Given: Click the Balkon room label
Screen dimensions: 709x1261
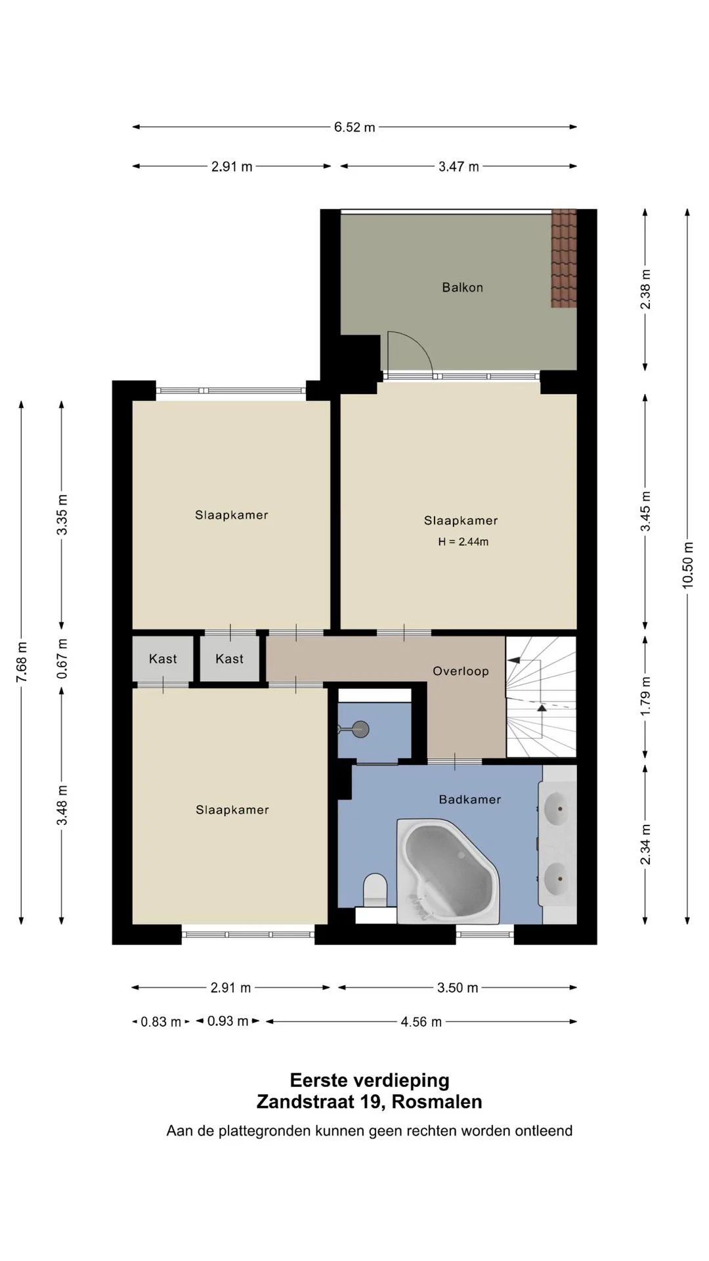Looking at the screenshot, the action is click(x=462, y=288).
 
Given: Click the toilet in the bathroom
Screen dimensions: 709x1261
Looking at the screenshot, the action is click(x=376, y=890).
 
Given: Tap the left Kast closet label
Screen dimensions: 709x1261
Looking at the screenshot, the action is click(x=163, y=659).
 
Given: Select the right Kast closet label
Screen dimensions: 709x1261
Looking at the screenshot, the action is click(x=229, y=659).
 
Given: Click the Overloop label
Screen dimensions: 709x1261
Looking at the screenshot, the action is click(x=461, y=671).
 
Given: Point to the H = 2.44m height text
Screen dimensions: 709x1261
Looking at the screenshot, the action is click(x=463, y=542).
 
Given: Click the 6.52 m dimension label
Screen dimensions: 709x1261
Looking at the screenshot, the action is click(x=354, y=127).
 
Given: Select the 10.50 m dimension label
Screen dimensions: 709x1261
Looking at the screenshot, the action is click(x=687, y=564).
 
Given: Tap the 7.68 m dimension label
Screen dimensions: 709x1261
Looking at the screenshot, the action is click(x=22, y=660).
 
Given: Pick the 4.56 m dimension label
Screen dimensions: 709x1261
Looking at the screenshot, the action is click(x=421, y=1022).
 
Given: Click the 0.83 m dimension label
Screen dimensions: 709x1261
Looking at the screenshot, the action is click(x=161, y=1022).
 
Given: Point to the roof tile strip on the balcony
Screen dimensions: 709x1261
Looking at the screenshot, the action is click(x=563, y=258).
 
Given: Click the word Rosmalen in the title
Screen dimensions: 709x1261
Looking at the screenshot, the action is click(x=437, y=1101).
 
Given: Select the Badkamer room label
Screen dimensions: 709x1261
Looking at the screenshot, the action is click(x=470, y=799).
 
